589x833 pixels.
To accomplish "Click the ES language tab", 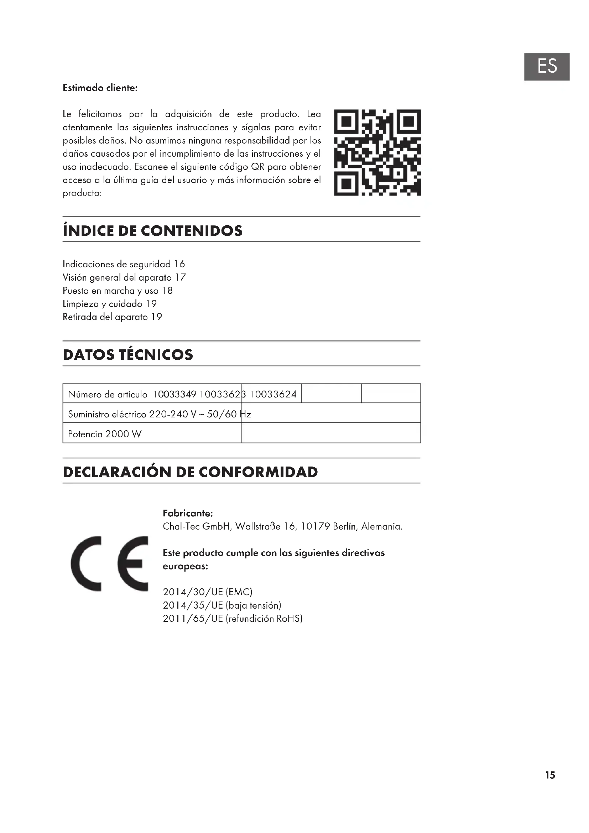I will (x=547, y=66).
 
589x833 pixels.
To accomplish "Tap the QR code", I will (x=377, y=152).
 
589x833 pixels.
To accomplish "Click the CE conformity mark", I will (x=110, y=563).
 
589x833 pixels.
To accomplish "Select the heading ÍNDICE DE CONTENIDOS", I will (x=152, y=231).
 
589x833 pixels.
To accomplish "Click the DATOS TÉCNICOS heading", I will (x=128, y=354).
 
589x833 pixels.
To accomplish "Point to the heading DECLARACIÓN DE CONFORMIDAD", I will (x=190, y=472).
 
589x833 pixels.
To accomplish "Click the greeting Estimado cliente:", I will (x=100, y=88).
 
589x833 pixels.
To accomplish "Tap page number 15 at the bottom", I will (x=550, y=775).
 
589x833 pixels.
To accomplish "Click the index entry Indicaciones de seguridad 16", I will (x=124, y=264).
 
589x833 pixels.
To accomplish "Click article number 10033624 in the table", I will (x=273, y=394).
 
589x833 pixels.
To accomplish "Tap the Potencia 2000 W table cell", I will (x=105, y=434).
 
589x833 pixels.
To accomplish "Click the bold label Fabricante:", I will (x=188, y=514).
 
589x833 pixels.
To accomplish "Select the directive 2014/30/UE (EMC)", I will (x=208, y=592).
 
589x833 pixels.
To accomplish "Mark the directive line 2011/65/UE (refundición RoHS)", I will (x=233, y=619).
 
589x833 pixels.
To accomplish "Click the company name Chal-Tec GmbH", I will (x=196, y=526).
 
